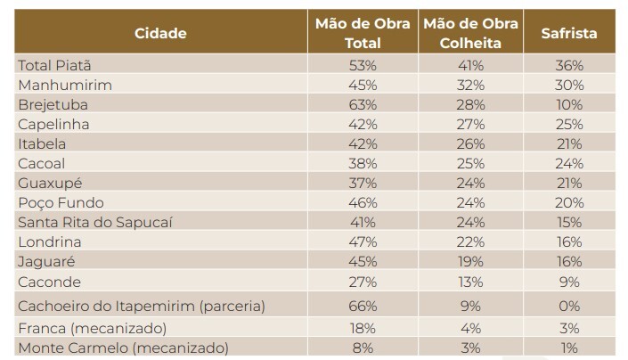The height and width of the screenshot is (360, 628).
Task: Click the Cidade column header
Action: (x=160, y=33)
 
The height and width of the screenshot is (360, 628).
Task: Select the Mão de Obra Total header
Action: (x=363, y=33)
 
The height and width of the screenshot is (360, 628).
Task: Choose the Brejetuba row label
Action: (x=54, y=104)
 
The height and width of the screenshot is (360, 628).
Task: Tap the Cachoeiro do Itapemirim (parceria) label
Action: (x=142, y=306)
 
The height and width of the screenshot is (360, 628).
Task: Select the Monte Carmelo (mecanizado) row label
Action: (x=123, y=348)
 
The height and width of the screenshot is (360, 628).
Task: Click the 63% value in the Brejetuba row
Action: (x=363, y=104)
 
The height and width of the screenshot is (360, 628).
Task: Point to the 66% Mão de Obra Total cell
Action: (x=363, y=306)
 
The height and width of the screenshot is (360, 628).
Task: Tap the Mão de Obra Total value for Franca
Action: (x=363, y=327)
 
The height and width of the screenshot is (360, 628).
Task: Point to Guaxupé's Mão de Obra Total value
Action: (x=363, y=183)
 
